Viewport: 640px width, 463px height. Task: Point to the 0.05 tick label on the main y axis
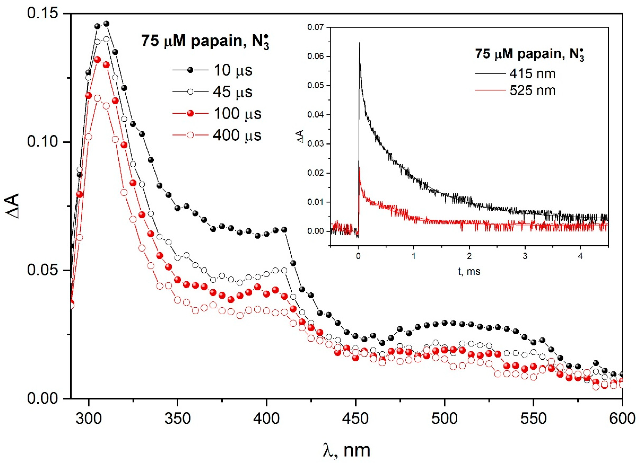[x=42, y=270]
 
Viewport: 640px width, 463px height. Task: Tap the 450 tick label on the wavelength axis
[x=355, y=418]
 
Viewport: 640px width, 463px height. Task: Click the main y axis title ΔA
[x=13, y=206]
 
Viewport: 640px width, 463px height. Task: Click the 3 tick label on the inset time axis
[x=525, y=257]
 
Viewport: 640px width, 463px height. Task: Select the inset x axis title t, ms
[x=469, y=271]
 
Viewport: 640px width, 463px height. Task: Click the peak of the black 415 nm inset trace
[x=360, y=43]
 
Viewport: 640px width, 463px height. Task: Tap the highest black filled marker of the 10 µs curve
[x=106, y=24]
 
